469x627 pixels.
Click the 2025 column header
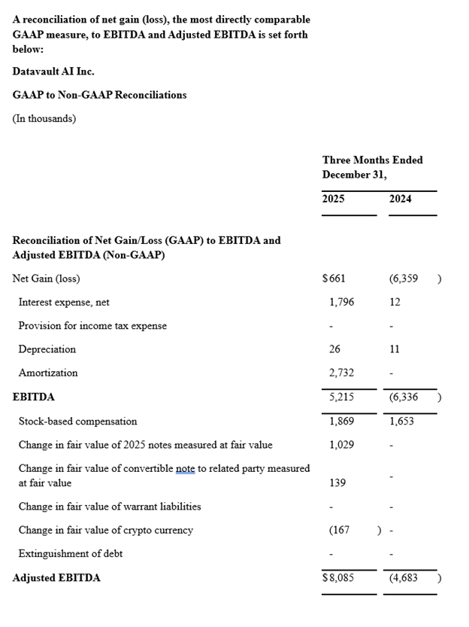click(334, 199)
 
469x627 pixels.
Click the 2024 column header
click(401, 199)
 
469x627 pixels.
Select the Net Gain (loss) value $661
click(334, 278)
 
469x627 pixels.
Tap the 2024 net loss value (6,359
click(404, 278)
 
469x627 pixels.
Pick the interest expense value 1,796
click(341, 302)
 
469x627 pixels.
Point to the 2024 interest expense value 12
click(395, 302)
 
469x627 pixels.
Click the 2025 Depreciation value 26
click(334, 349)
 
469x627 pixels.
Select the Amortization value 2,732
click(341, 373)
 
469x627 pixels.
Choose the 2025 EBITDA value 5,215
click(341, 397)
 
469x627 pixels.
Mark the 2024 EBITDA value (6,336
click(404, 397)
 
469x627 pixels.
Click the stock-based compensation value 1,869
click(341, 422)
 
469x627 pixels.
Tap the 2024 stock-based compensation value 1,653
click(402, 422)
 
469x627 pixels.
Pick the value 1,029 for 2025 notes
click(341, 445)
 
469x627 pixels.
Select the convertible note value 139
click(337, 482)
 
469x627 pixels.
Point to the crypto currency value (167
click(340, 530)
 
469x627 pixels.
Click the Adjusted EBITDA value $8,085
click(338, 578)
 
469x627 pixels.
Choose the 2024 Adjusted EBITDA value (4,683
click(404, 578)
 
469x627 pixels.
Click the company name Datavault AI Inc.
click(53, 72)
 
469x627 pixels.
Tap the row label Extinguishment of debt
click(71, 553)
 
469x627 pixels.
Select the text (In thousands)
click(44, 118)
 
